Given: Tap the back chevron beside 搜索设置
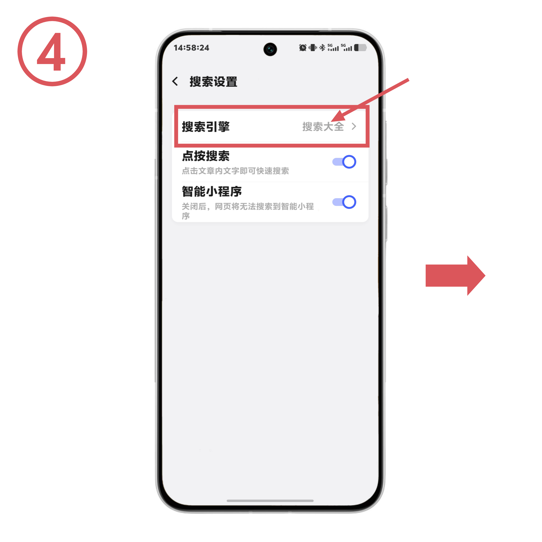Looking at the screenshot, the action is [x=175, y=81].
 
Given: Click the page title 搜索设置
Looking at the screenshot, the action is [x=213, y=82].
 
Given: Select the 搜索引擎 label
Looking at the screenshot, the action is [x=206, y=127].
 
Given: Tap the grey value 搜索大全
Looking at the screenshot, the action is [x=323, y=127].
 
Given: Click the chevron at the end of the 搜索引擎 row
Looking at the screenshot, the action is [x=354, y=127].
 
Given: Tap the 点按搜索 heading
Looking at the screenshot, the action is [x=206, y=156].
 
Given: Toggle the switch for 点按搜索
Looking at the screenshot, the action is [x=344, y=162].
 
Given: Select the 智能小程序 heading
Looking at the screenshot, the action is [x=212, y=192].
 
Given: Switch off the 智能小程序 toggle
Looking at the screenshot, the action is [x=344, y=202].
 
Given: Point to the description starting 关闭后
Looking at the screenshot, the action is [x=248, y=211].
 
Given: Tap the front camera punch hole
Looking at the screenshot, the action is [x=270, y=49].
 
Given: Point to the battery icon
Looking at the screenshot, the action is [x=360, y=48].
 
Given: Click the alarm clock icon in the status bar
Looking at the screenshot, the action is [x=303, y=48].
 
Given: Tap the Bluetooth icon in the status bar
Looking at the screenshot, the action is [x=322, y=48].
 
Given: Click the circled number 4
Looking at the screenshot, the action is [x=52, y=51].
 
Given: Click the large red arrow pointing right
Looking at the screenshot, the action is [x=455, y=275].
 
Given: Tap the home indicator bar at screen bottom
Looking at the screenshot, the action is [x=270, y=501].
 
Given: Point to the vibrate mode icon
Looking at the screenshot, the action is [x=312, y=48].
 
